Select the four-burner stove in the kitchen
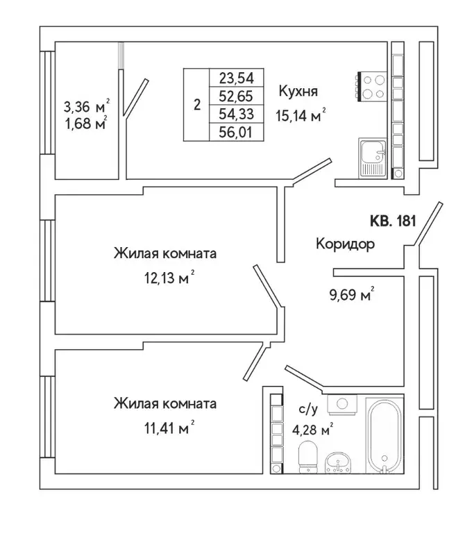click(373, 87)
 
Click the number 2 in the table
click(197, 105)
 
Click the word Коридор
click(345, 244)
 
